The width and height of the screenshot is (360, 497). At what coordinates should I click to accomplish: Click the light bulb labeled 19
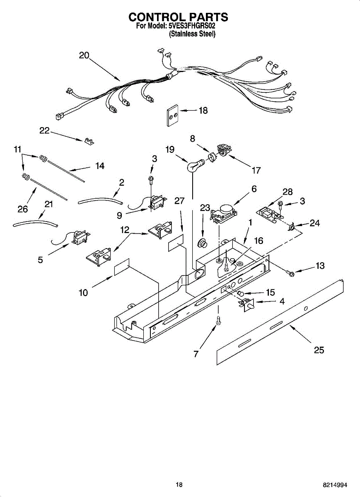pyautogui.click(x=193, y=166)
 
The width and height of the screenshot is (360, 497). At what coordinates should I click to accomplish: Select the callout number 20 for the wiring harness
pyautogui.click(x=84, y=55)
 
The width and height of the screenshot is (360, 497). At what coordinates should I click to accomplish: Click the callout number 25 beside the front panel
pyautogui.click(x=319, y=350)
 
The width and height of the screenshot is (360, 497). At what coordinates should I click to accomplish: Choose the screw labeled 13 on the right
pyautogui.click(x=290, y=273)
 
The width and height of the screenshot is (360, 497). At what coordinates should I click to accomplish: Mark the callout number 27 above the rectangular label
pyautogui.click(x=179, y=201)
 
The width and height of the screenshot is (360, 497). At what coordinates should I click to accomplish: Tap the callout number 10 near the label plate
pyautogui.click(x=83, y=293)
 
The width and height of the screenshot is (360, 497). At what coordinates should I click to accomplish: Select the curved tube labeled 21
pyautogui.click(x=35, y=223)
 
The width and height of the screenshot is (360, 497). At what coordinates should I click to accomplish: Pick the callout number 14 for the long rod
pyautogui.click(x=99, y=166)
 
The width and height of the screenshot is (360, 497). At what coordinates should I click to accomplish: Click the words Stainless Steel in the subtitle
pyautogui.click(x=192, y=34)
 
